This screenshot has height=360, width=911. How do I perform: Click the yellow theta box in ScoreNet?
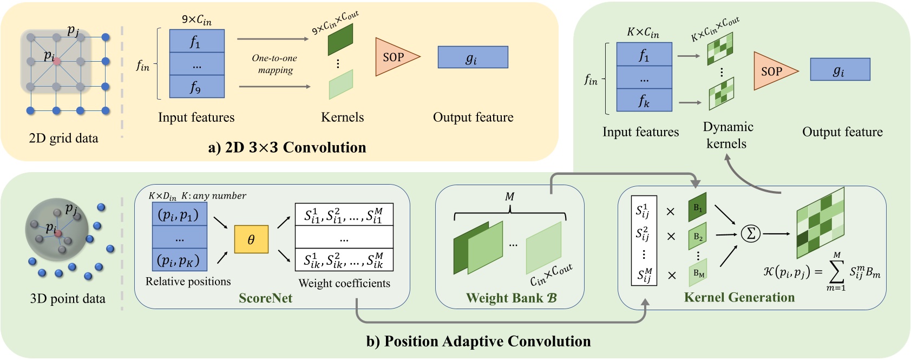251,239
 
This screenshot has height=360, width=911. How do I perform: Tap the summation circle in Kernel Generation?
750,233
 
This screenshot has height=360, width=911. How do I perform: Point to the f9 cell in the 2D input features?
196,87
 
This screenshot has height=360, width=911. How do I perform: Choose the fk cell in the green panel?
644,101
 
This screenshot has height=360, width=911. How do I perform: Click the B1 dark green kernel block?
697,207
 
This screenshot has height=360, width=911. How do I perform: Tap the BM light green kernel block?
698,273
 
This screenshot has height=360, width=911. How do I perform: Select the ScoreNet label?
265,298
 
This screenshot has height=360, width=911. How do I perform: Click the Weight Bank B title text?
511,298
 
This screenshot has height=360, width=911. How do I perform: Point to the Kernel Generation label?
739,297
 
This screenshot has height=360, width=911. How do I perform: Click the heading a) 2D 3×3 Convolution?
287,147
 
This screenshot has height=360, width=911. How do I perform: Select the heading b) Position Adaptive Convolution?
479,341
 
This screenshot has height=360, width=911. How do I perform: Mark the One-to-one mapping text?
275,64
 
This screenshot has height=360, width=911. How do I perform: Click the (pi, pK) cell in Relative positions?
179,260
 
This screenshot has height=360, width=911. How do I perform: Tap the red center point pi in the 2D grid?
57,62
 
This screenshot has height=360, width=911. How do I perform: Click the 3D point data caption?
68,298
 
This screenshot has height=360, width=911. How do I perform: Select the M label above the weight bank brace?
509,197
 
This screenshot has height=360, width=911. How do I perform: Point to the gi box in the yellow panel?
473,57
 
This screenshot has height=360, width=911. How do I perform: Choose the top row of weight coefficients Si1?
344,215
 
